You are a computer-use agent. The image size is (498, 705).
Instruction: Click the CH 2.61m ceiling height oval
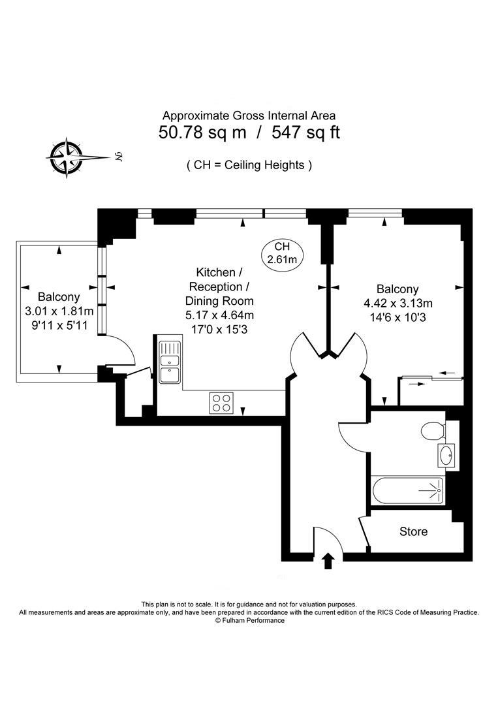(282, 253)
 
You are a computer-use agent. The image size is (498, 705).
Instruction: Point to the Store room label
(413, 531)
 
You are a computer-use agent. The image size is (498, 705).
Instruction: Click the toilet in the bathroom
(433, 431)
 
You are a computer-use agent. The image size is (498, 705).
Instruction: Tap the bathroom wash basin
(447, 456)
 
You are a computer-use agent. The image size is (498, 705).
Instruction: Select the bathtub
(408, 491)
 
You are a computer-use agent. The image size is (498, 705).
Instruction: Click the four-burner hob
(222, 402)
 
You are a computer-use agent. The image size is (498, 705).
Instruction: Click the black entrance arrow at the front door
(328, 560)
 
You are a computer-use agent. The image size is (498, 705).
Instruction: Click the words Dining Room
(220, 301)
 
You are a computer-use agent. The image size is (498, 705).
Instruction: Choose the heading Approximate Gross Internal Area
(249, 116)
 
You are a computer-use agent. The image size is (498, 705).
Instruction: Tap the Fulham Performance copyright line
(249, 620)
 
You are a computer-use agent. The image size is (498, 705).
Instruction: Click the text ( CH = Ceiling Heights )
(249, 165)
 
